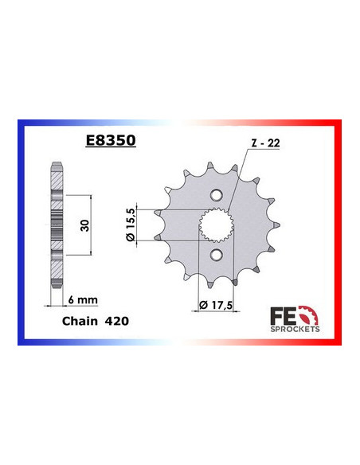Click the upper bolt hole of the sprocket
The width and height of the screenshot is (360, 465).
point(215,194)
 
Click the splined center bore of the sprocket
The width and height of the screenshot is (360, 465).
point(215,224)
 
